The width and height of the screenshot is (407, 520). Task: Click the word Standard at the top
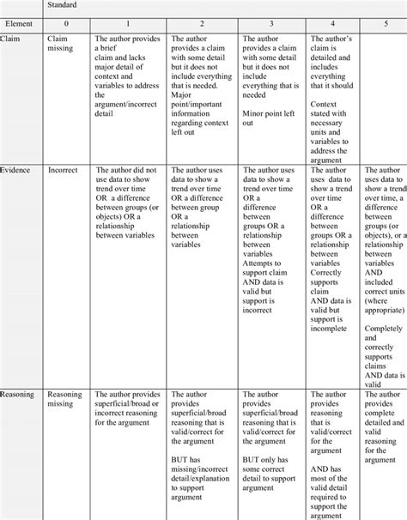[61, 6]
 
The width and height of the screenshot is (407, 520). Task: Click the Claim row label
[12, 39]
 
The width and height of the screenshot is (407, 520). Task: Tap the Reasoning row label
[18, 395]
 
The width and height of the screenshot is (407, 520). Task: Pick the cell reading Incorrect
[63, 171]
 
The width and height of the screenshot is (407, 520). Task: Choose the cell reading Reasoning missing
[64, 400]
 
